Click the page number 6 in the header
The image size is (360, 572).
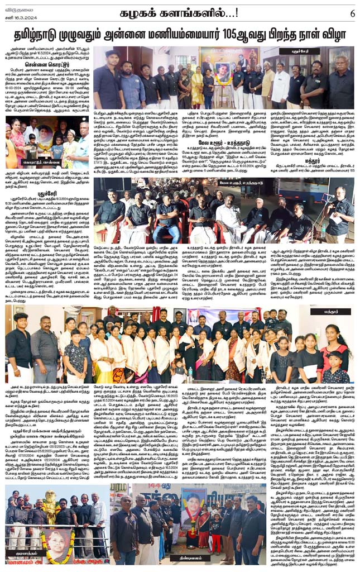[x=353, y=12]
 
